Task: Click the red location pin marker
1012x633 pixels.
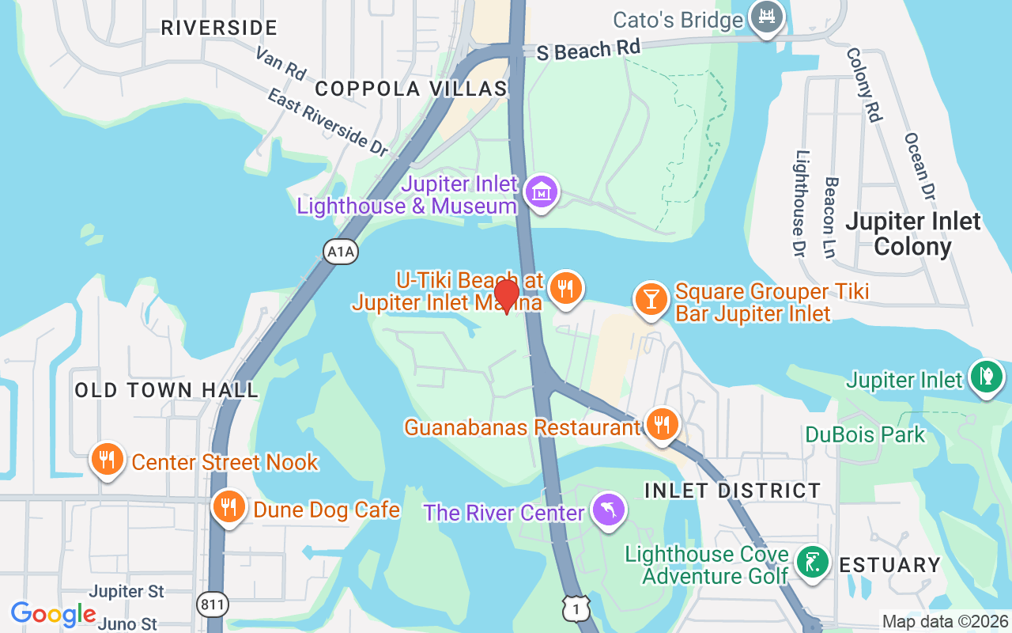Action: pyautogui.click(x=506, y=296)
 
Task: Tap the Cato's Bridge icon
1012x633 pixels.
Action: pyautogui.click(x=766, y=17)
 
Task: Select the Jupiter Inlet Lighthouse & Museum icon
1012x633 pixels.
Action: pyautogui.click(x=542, y=191)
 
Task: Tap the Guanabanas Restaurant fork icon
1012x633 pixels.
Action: pyautogui.click(x=661, y=425)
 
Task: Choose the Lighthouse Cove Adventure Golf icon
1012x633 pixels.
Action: pyautogui.click(x=811, y=562)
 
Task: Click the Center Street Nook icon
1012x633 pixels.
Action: pyautogui.click(x=107, y=459)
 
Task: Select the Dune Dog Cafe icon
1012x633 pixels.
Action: pyautogui.click(x=228, y=507)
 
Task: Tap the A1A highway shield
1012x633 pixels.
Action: pyautogui.click(x=341, y=252)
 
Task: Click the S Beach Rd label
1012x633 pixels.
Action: pyautogui.click(x=587, y=50)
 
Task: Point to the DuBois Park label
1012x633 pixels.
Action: pyautogui.click(x=865, y=434)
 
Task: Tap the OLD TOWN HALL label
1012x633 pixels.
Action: pyautogui.click(x=166, y=390)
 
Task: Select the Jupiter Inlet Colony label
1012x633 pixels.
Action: pyautogui.click(x=913, y=234)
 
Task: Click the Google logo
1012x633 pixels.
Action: pyautogui.click(x=53, y=613)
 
